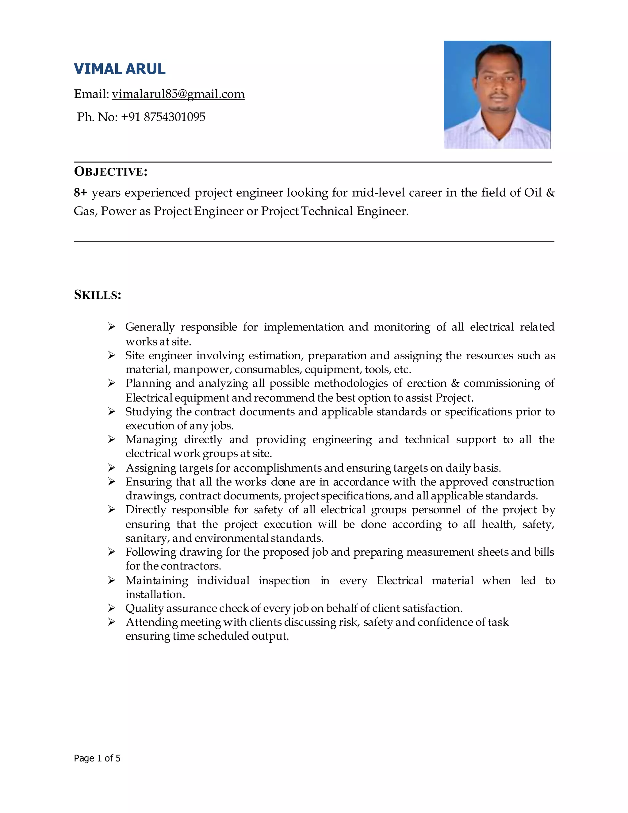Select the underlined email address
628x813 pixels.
(178, 94)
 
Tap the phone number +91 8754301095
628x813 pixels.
(163, 117)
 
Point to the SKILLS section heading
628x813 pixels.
(98, 295)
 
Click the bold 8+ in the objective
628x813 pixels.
(80, 193)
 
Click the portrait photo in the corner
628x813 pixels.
(497, 94)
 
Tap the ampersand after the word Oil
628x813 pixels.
(551, 193)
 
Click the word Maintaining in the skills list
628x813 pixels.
(157, 581)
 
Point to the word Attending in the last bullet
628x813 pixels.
(151, 622)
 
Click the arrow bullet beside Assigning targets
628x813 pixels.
(112, 468)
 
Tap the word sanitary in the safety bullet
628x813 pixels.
(147, 538)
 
